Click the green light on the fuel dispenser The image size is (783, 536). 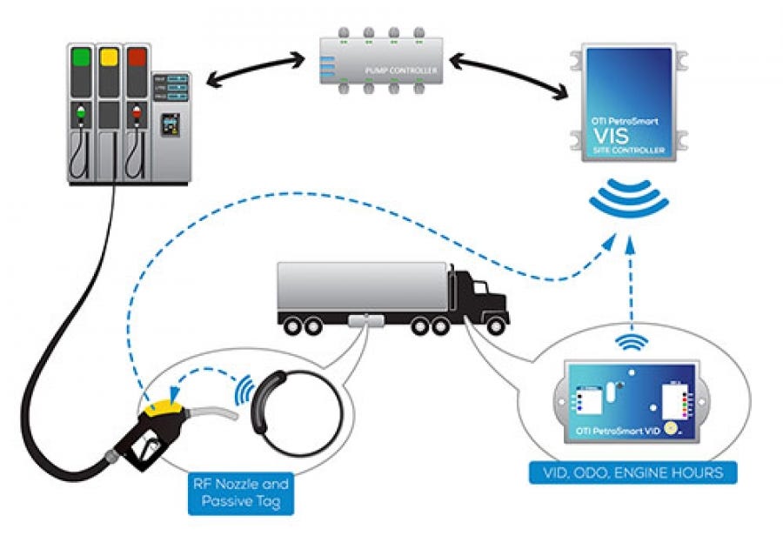coord(82,58)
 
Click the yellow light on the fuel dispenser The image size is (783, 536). coord(109,58)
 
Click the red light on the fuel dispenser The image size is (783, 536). coord(137,58)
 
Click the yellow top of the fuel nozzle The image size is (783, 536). coord(164,405)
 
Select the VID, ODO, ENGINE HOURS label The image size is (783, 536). coord(633,473)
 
